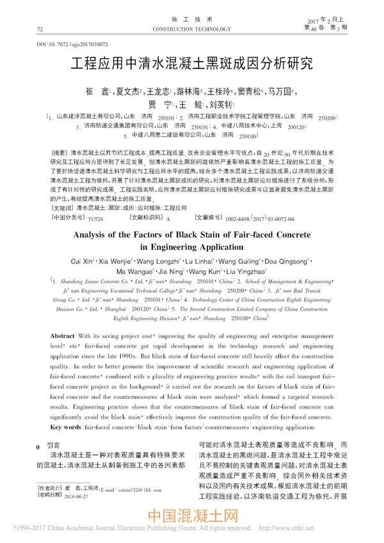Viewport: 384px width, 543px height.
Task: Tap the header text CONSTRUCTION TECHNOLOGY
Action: (191, 29)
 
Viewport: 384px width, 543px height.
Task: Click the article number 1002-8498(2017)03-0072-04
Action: (252, 236)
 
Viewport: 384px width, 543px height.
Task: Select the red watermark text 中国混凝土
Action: (193, 517)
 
